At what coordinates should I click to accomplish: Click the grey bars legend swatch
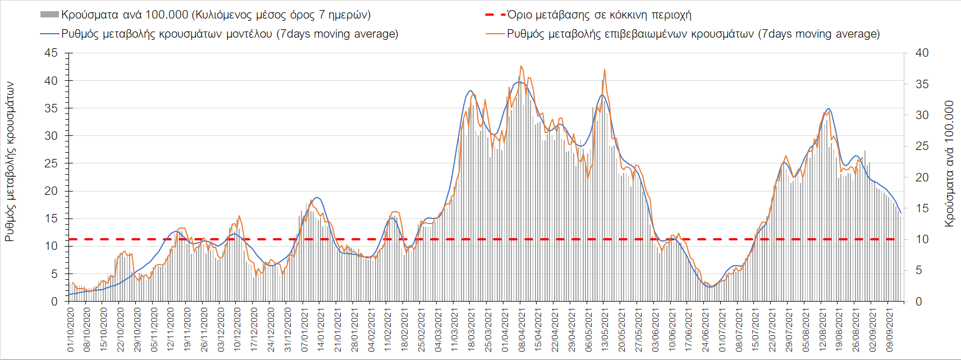[x=49, y=15]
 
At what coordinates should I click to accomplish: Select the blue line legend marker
[x=49, y=34]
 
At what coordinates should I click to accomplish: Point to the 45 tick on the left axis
[x=51, y=53]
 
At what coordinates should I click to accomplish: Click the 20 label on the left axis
[x=51, y=191]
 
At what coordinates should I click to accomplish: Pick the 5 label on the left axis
[x=54, y=274]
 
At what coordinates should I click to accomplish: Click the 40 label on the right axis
[x=922, y=53]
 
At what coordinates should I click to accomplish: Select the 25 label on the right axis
[x=922, y=146]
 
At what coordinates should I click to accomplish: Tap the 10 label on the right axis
[x=922, y=239]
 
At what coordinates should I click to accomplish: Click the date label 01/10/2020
[x=71, y=329]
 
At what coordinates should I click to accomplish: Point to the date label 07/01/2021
[x=305, y=329]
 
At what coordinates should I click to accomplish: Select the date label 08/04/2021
[x=522, y=329]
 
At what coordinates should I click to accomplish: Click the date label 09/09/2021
[x=890, y=329]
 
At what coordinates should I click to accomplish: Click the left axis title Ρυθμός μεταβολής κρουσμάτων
[x=10, y=162]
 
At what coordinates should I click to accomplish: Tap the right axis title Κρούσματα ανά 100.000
[x=949, y=164]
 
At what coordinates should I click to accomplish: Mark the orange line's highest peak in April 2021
[x=521, y=66]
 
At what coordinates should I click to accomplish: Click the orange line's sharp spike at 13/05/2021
[x=605, y=69]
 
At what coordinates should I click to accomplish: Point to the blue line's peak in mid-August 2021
[x=829, y=108]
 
